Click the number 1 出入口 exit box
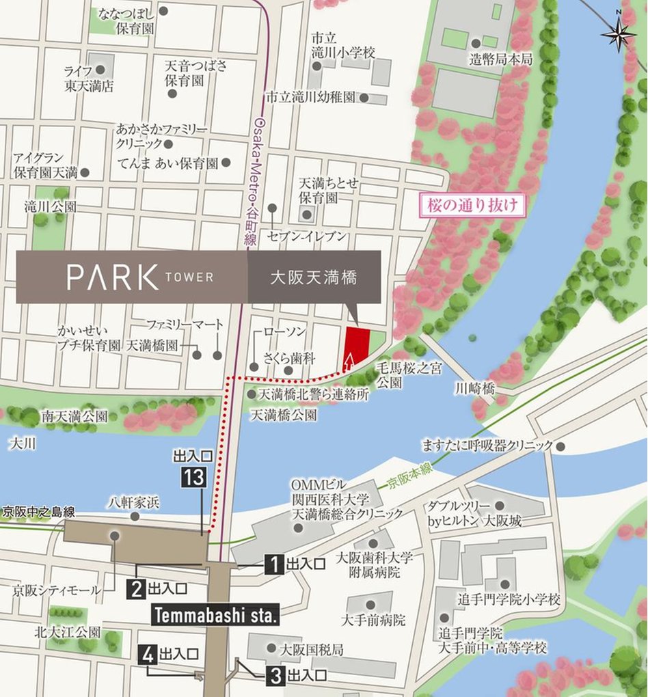(x=274, y=564)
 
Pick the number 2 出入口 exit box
(x=137, y=587)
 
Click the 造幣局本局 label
(x=501, y=60)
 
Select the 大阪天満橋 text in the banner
(x=314, y=277)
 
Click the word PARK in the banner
(x=113, y=277)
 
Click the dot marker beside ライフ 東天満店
(x=100, y=70)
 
